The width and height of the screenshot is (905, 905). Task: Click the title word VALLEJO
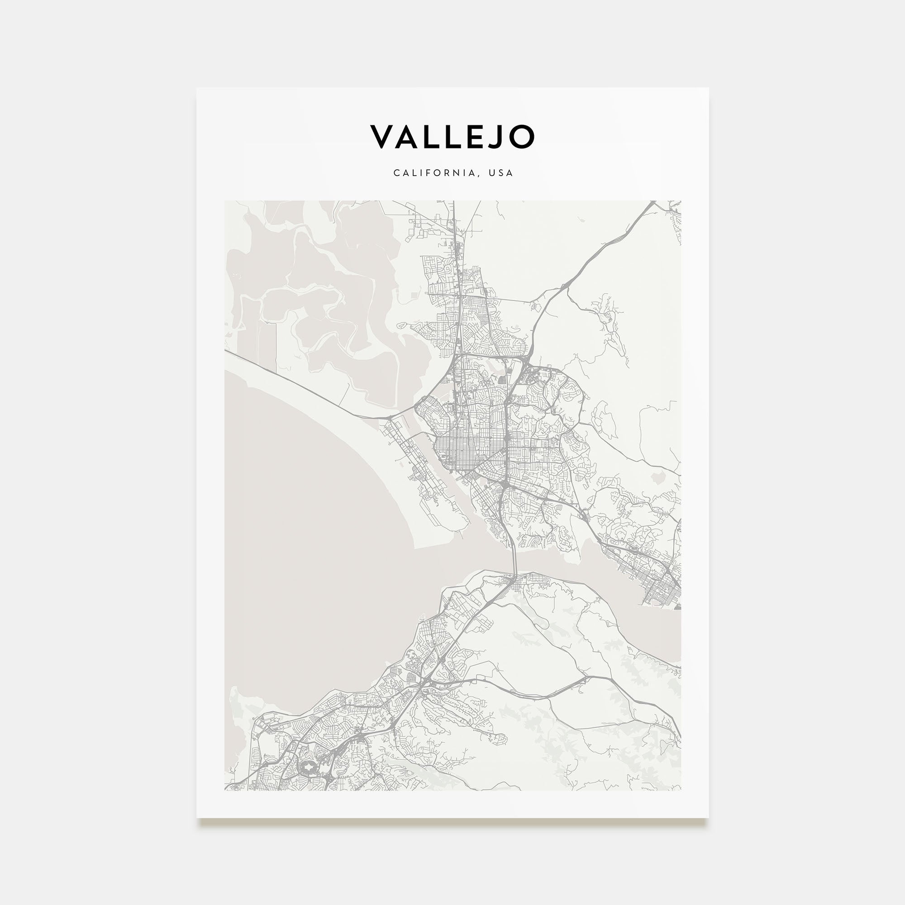(452, 137)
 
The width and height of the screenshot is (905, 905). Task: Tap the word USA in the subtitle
(501, 173)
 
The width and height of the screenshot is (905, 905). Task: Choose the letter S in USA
(501, 173)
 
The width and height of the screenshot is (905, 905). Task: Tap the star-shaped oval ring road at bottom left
(308, 767)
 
